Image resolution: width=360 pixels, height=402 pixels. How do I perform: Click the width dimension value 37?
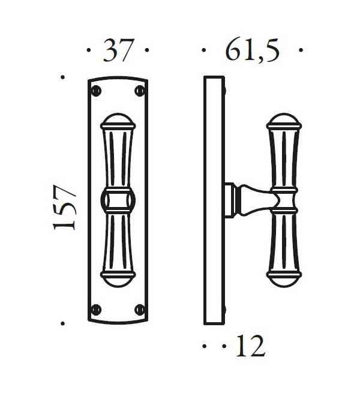click(x=118, y=51)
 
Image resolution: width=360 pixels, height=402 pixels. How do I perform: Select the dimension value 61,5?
click(x=253, y=51)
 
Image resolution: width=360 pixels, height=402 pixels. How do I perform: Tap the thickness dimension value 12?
click(x=250, y=346)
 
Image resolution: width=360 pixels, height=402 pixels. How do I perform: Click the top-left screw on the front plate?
click(x=96, y=91)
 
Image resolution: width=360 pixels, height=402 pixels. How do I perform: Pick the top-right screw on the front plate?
click(x=140, y=91)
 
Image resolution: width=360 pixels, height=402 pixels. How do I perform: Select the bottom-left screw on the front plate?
click(x=96, y=310)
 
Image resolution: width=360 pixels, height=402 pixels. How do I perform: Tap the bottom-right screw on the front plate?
click(x=140, y=310)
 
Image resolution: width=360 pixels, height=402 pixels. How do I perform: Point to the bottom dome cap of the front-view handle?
click(x=118, y=280)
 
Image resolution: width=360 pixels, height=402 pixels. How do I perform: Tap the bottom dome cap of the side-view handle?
click(x=283, y=280)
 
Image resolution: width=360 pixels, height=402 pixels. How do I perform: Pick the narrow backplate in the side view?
click(x=214, y=200)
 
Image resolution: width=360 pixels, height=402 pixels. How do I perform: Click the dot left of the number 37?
click(x=89, y=52)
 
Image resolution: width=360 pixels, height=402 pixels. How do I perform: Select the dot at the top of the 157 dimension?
click(x=62, y=77)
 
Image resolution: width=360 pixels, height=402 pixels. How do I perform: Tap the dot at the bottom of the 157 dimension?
click(x=62, y=324)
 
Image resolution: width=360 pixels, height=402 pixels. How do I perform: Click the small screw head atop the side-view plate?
click(x=224, y=92)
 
